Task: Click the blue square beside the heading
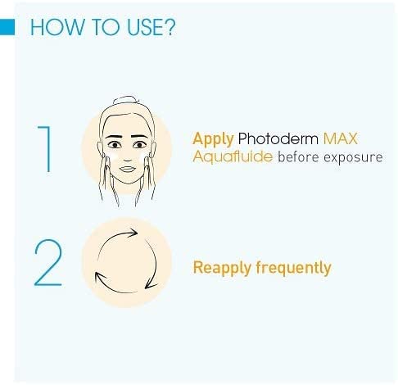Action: click(x=7, y=28)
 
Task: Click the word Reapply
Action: click(x=222, y=267)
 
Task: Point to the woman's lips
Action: click(x=127, y=170)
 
